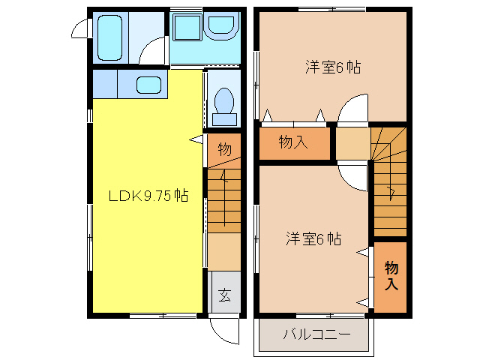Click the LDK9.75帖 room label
tap(148, 196)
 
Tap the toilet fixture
tap(224, 104)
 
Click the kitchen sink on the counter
tap(151, 84)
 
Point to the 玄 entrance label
tap(224, 294)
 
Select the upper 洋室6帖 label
tap(333, 67)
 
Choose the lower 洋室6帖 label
tap(313, 239)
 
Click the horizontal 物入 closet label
tap(292, 142)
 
